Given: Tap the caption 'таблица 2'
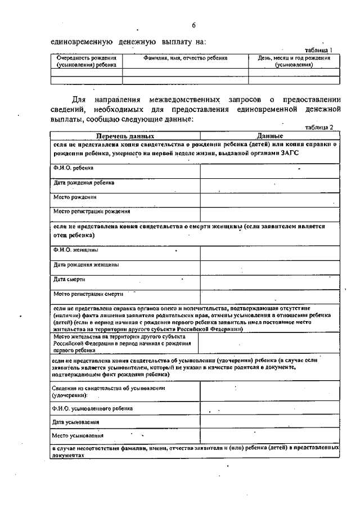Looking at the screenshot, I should (x=319, y=128).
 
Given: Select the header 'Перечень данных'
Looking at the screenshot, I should (x=124, y=136).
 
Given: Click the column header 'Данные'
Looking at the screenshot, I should (x=269, y=136).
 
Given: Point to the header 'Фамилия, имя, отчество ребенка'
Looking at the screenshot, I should (x=186, y=58).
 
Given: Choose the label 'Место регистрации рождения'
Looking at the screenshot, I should (x=92, y=212).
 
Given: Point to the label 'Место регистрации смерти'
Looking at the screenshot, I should (x=89, y=294).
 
